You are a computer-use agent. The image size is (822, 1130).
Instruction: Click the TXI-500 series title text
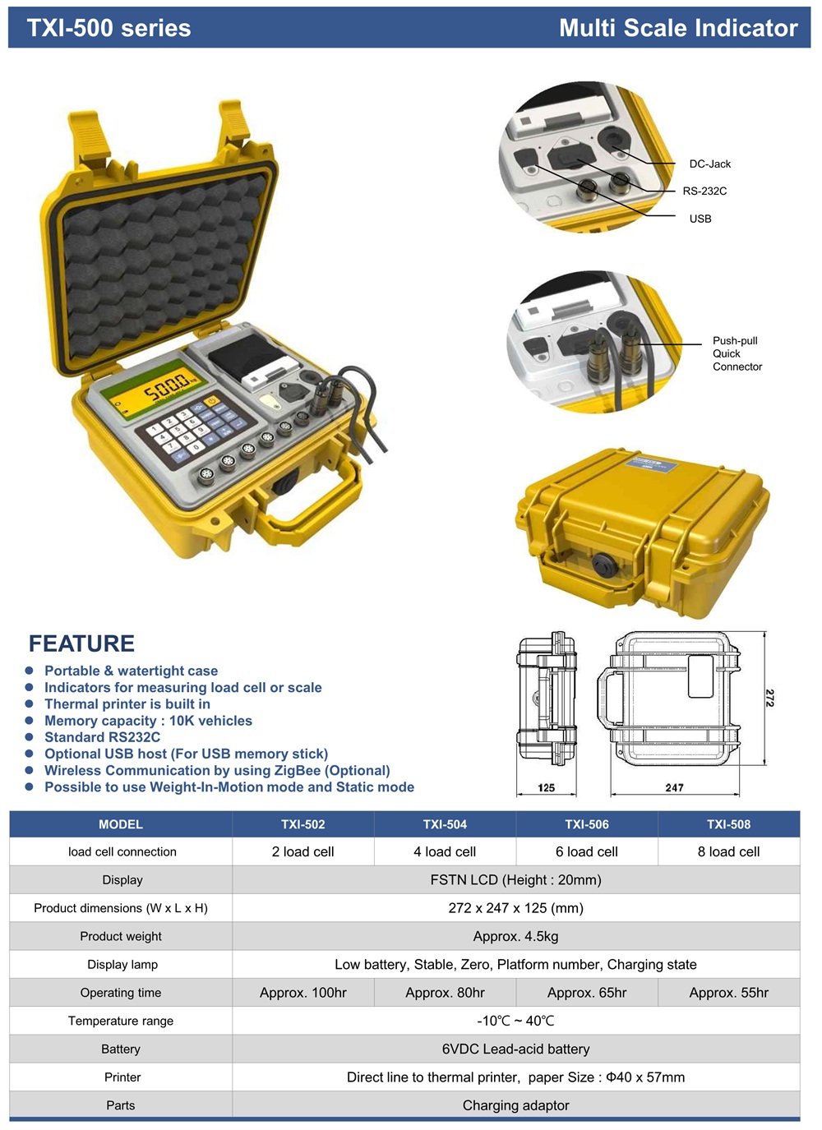[x=109, y=28]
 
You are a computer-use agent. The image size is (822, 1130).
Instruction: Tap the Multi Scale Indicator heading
[x=678, y=28]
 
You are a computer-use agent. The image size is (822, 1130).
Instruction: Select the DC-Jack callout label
[x=709, y=164]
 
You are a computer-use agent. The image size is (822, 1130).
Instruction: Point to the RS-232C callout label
[x=704, y=191]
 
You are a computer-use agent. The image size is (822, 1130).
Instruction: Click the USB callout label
[x=700, y=219]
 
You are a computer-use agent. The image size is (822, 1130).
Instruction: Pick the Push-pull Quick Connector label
[x=737, y=353]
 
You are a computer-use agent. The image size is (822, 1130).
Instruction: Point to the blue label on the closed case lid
[x=652, y=464]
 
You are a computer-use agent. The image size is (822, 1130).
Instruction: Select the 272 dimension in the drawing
[x=769, y=698]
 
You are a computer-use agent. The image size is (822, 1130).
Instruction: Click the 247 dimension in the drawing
[x=674, y=787]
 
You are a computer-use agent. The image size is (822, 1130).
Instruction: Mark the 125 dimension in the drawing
[x=546, y=787]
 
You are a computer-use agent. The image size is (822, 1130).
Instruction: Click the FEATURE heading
[x=81, y=643]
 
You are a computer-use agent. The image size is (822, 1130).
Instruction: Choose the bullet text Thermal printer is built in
[x=127, y=704]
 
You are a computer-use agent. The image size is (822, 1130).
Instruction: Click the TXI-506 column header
[x=587, y=824]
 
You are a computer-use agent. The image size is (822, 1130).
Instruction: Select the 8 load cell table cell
[x=728, y=852]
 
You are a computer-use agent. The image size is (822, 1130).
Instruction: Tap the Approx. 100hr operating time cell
[x=303, y=993]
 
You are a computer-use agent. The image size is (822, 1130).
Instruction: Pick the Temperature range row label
[x=121, y=1021]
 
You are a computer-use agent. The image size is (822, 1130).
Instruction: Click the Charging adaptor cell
[x=515, y=1105]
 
